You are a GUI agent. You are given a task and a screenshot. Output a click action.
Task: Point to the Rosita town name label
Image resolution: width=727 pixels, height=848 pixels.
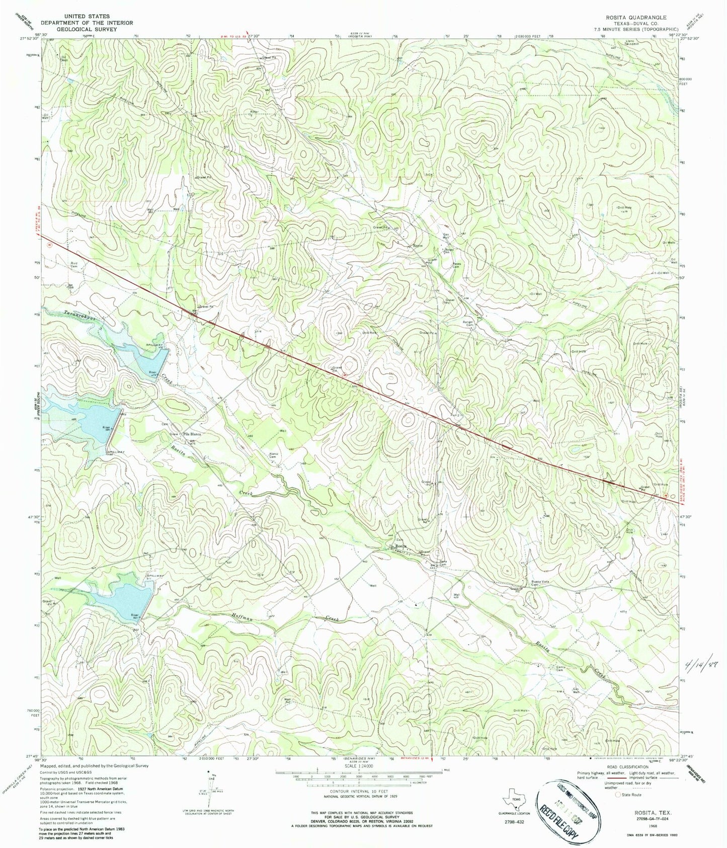point(400,546)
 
